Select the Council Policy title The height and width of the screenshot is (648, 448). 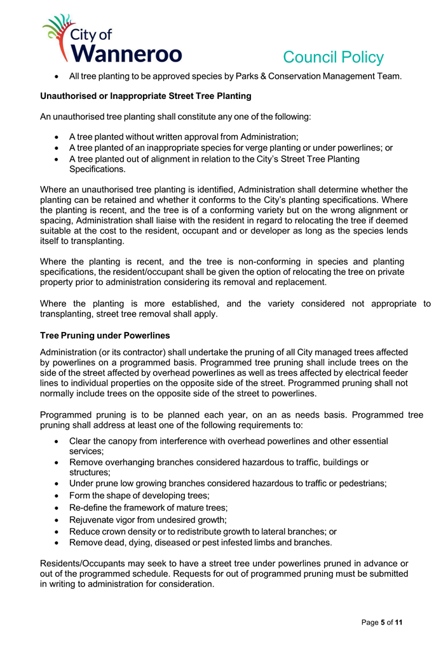pos(333,58)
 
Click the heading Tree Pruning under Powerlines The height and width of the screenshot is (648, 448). pos(105,335)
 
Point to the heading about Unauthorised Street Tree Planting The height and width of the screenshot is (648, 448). pos(146,96)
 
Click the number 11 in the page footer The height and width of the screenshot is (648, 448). pos(398,623)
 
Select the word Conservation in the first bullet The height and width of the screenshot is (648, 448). pos(297,76)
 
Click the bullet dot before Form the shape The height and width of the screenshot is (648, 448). pos(58,495)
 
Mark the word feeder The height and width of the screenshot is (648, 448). pos(393,373)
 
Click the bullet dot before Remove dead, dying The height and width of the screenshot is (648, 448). pos(58,543)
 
